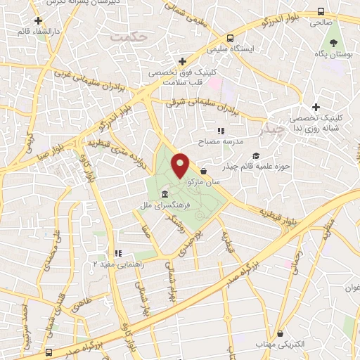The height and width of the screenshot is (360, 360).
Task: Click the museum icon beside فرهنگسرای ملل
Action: (165, 194)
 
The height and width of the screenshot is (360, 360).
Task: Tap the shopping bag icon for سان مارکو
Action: (203, 171)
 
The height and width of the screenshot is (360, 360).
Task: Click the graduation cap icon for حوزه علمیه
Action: (256, 155)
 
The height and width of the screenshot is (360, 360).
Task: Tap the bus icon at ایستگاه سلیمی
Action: (231, 39)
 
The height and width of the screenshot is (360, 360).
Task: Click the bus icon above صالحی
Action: (321, 12)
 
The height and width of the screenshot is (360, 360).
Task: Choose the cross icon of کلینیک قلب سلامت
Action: (182, 61)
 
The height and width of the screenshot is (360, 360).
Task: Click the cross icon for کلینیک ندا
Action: (316, 107)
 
